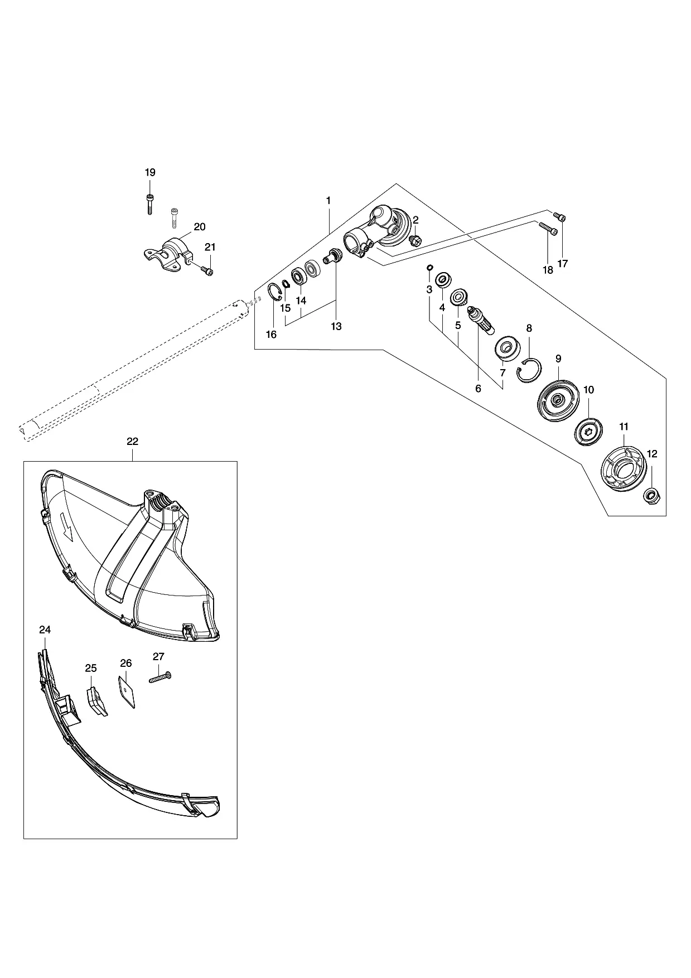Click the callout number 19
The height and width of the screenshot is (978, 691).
tap(150, 173)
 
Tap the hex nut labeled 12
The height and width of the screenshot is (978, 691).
tap(650, 495)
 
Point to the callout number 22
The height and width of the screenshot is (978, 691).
tap(132, 441)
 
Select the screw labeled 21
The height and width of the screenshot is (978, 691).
tap(207, 270)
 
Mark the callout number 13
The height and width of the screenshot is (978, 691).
tap(336, 326)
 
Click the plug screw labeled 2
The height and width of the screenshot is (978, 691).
tap(415, 241)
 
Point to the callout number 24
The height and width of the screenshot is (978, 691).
tap(45, 630)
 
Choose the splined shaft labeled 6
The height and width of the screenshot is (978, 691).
tap(481, 320)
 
